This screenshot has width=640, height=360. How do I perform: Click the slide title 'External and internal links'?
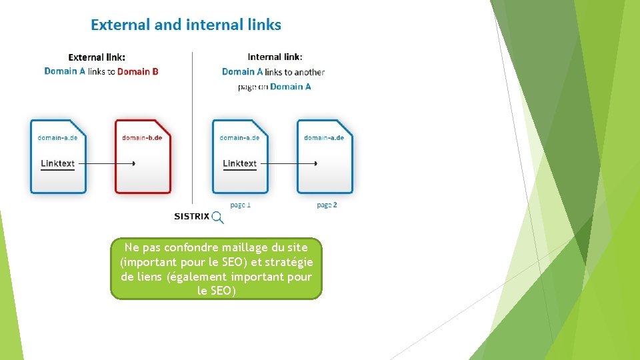(186, 25)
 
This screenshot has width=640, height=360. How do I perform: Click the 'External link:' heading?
(97, 57)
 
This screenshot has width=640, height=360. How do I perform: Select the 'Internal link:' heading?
(275, 57)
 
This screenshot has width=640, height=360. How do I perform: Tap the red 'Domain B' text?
(138, 71)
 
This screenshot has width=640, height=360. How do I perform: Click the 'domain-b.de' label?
(142, 138)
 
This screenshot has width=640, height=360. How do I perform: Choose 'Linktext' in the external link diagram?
(57, 163)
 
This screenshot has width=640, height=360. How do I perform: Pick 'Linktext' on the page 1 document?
(239, 163)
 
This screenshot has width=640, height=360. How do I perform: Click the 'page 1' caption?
(240, 205)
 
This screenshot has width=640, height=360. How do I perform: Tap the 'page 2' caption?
(327, 205)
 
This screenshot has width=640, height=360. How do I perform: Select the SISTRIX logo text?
(191, 216)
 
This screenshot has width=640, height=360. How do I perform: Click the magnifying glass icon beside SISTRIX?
(217, 217)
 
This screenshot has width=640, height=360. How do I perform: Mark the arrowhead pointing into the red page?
(134, 163)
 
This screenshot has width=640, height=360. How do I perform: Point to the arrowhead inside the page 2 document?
(315, 163)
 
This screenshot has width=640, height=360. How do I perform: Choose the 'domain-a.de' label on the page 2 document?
(324, 138)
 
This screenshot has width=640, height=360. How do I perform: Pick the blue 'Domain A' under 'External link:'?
(65, 71)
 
